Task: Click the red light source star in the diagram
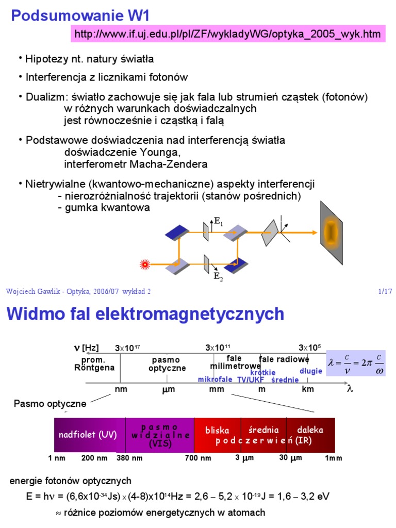tap(145, 265)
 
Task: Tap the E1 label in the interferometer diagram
tap(218, 223)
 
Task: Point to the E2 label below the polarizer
tap(218, 276)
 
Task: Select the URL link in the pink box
tap(228, 35)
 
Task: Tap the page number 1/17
tap(385, 291)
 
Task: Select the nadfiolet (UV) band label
tap(87, 434)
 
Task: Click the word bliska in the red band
tap(217, 430)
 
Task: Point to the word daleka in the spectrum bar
tap(310, 430)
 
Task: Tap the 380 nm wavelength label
tap(129, 458)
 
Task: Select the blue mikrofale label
tap(215, 379)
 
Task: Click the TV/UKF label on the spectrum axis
tap(251, 379)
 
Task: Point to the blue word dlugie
tap(311, 371)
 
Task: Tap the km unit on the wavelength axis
tap(308, 389)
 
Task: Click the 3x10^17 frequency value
tap(127, 348)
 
